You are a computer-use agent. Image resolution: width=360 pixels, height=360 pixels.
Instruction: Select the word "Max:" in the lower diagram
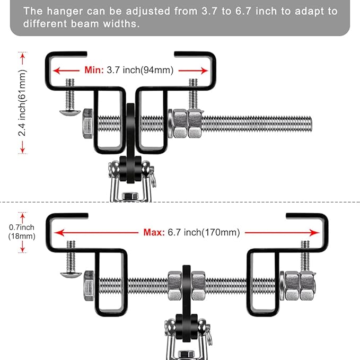click(x=153, y=232)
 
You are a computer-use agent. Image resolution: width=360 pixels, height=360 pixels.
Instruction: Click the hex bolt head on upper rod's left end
click(x=88, y=124)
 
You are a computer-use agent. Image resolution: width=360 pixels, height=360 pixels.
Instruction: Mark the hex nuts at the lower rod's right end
click(x=300, y=285)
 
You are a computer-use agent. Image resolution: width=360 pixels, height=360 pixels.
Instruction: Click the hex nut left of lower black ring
click(x=174, y=285)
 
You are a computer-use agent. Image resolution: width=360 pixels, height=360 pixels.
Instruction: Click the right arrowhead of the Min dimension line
click(x=205, y=70)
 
